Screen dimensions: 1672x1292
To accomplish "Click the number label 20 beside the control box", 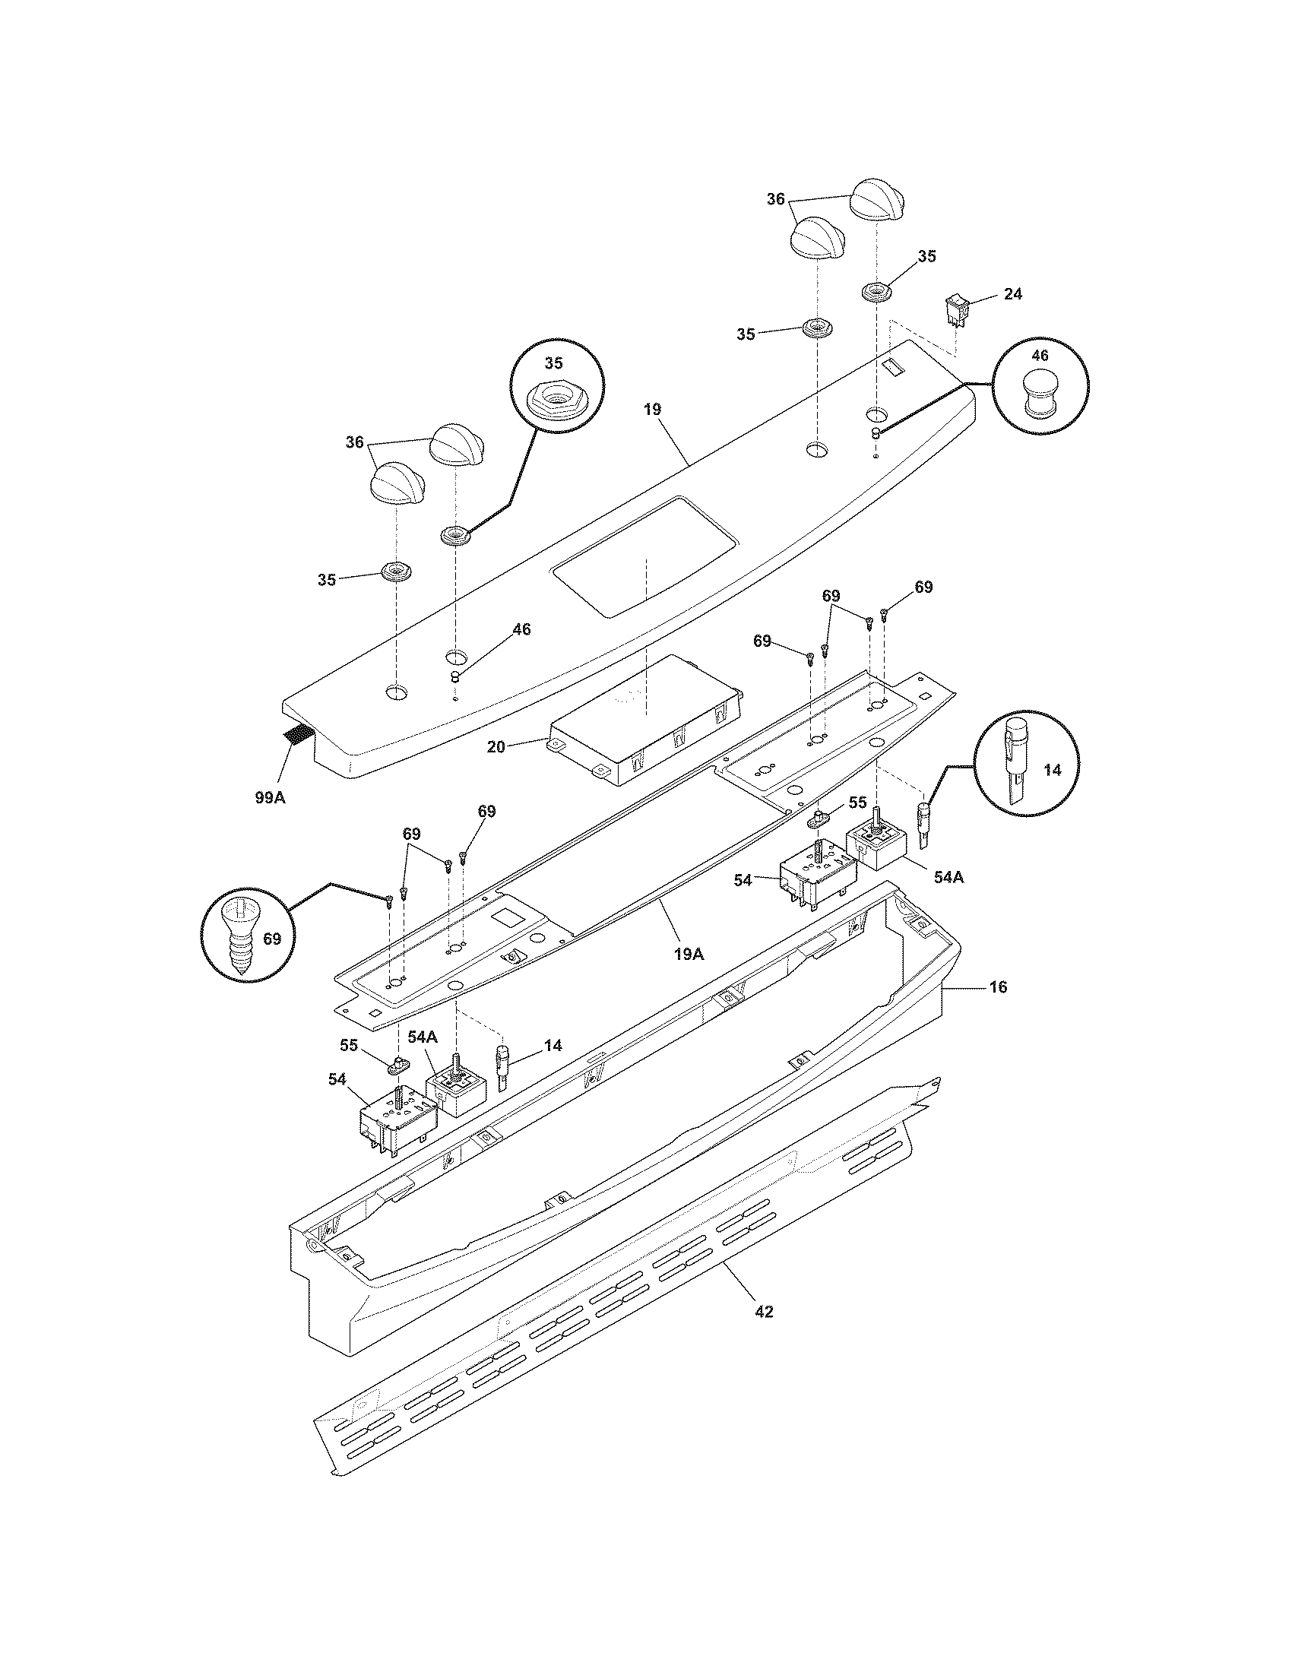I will click(x=496, y=746).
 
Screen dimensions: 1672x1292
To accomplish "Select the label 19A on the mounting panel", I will click(x=688, y=954).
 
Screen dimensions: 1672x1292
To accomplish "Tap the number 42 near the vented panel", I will click(x=764, y=1312).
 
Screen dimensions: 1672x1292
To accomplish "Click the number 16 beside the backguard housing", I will click(x=998, y=986).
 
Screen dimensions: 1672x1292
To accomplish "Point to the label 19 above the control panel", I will click(x=651, y=410).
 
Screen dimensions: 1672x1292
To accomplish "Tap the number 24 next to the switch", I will click(x=1012, y=294).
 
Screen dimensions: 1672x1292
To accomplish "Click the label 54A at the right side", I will click(x=948, y=878).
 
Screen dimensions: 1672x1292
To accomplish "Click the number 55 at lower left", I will click(x=349, y=1044).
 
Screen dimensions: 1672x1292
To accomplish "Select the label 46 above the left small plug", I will click(x=521, y=629).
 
